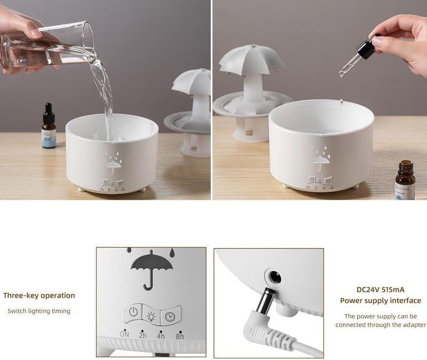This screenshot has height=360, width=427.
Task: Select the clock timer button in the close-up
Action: pos(170,316)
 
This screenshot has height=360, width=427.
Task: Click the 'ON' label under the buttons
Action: pos(124,334)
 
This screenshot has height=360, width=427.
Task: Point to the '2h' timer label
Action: pos(143,335)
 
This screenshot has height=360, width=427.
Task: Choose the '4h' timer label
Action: pos(161,336)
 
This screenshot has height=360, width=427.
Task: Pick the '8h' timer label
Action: pos(180,336)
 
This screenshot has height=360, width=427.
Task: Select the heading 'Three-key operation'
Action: pos(39,295)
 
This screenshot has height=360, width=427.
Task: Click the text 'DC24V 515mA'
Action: pos(380,290)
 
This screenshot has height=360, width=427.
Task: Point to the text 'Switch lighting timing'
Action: pos(39,311)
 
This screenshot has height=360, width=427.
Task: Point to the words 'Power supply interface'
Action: pos(380,301)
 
